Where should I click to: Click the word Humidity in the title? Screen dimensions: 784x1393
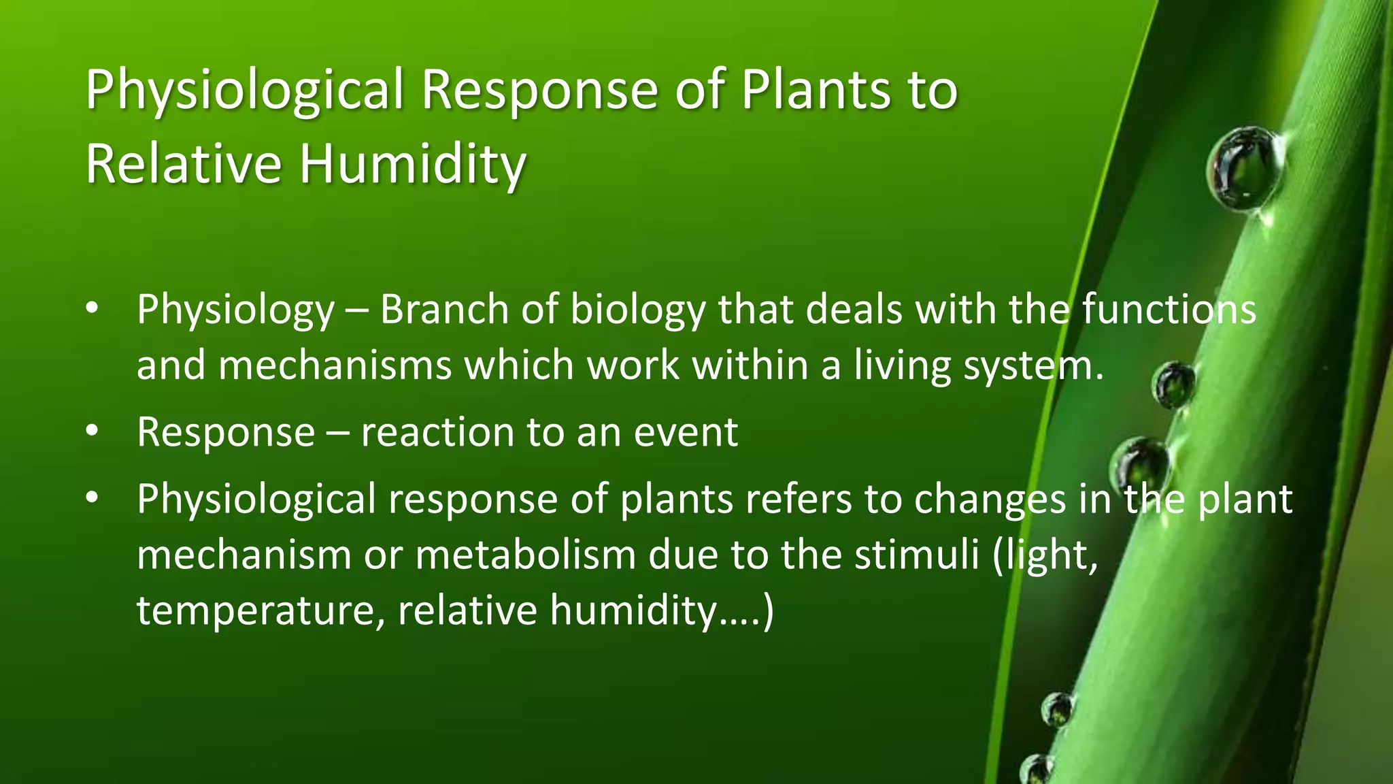point(412,164)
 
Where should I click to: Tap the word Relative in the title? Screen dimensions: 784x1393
point(183,164)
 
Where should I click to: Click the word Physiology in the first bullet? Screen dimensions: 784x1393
point(235,311)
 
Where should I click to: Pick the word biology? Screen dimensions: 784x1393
point(638,311)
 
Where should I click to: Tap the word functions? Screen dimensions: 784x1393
point(1169,310)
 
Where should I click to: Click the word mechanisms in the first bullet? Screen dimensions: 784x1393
point(335,365)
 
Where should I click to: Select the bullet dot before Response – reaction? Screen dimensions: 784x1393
point(93,431)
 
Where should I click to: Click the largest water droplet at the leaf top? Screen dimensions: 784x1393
point(1245,167)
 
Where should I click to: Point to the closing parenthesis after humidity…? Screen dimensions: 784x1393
point(768,610)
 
